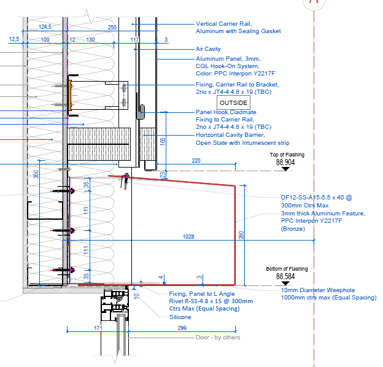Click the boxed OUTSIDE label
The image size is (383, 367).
tap(233, 102)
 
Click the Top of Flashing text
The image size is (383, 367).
tap(287, 155)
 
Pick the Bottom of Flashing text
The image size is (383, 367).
tap(287, 269)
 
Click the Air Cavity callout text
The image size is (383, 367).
tap(208, 49)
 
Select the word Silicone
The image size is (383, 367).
tap(180, 317)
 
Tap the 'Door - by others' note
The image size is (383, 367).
tap(217, 338)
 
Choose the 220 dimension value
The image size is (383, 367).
tap(196, 161)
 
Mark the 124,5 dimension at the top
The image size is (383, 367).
tap(45, 27)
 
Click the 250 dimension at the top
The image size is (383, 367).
tap(112, 27)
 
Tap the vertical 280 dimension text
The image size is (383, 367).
tap(241, 236)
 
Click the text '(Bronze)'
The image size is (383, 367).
tap(292, 228)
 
